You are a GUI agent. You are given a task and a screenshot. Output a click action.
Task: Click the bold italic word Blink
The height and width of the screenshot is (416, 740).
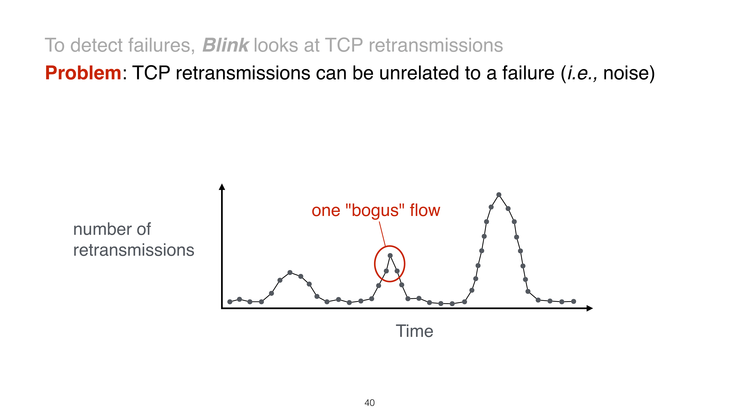pyautogui.click(x=226, y=45)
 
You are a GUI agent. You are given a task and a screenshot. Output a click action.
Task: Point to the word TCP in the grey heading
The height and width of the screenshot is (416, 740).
pyautogui.click(x=344, y=45)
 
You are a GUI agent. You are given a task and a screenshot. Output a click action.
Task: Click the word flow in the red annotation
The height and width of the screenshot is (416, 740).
pyautogui.click(x=425, y=210)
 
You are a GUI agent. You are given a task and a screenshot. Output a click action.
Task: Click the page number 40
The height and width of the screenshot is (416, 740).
pyautogui.click(x=369, y=403)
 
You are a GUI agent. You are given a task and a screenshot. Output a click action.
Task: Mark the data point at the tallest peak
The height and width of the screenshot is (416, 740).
pyautogui.click(x=499, y=195)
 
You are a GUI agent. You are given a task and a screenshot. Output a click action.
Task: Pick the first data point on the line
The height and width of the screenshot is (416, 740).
pyautogui.click(x=230, y=302)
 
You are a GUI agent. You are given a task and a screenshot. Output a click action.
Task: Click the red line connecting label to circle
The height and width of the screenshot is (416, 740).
pyautogui.click(x=382, y=234)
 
